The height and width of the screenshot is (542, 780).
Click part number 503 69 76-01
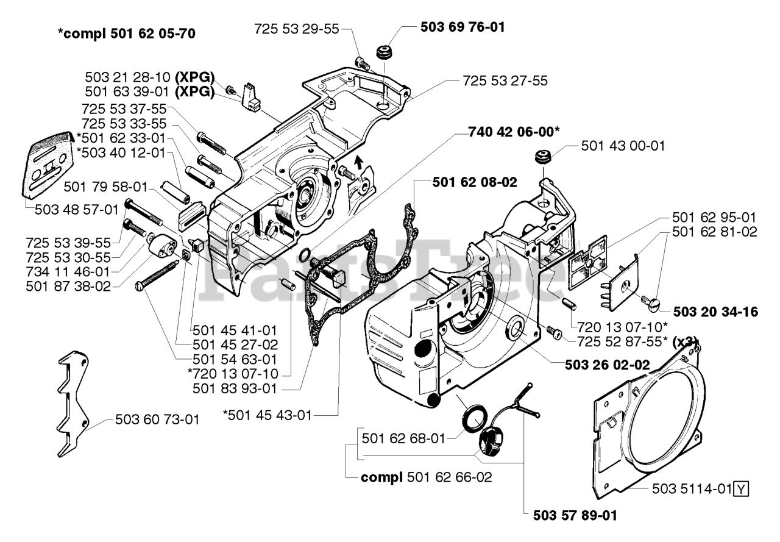point(463,27)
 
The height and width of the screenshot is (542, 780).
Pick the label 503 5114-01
point(691,488)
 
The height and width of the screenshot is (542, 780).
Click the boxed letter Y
point(740,489)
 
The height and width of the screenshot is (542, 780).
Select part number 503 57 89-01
point(570,516)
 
